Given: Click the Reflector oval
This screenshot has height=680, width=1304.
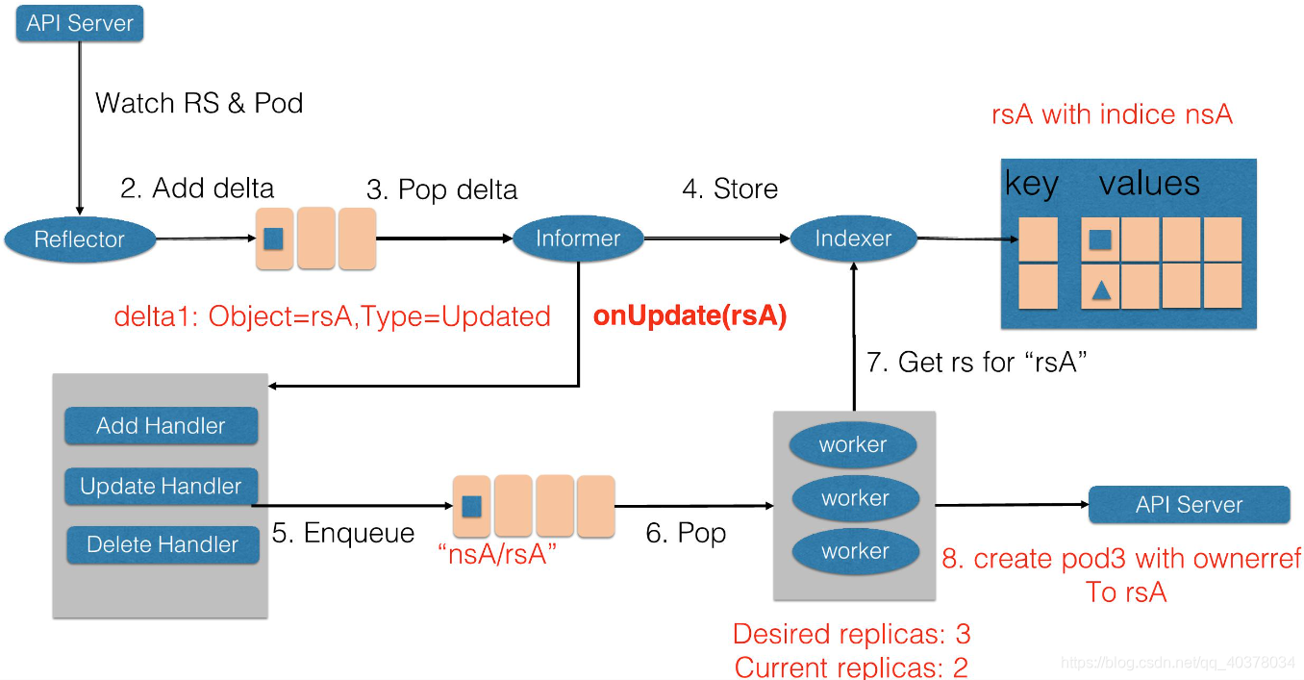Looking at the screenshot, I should [80, 239].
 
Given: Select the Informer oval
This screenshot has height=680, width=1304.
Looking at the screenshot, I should [578, 239].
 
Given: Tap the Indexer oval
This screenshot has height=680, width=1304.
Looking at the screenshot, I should [853, 239].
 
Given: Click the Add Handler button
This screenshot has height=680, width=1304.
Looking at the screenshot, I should [161, 426].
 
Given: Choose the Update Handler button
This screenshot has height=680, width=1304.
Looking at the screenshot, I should [161, 487].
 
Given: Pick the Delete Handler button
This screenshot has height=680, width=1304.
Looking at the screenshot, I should [163, 544].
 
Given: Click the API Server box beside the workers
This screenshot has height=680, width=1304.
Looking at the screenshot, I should [1189, 505].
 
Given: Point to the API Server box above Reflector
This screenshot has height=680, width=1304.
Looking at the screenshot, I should [80, 23].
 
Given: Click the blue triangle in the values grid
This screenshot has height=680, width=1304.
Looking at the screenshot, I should [1101, 287].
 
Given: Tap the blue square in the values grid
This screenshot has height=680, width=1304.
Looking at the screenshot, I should [1101, 238].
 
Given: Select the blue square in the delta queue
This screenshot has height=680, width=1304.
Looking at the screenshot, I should [273, 238].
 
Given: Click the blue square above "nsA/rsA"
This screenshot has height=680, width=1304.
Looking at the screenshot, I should [471, 506].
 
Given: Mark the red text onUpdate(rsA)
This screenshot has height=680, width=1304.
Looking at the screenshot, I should [690, 316].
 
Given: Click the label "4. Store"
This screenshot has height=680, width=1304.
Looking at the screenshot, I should [730, 189].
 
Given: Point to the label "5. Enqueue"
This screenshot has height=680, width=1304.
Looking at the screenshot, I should [343, 533].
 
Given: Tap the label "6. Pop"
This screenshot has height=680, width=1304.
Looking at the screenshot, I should [686, 532].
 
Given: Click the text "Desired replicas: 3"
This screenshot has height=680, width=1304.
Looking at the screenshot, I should [851, 634].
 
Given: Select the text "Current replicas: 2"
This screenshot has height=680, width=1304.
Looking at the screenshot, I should [851, 667].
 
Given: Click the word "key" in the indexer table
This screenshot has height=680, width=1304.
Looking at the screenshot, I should [1031, 185].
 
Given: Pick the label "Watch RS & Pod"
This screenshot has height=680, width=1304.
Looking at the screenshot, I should [199, 103].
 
